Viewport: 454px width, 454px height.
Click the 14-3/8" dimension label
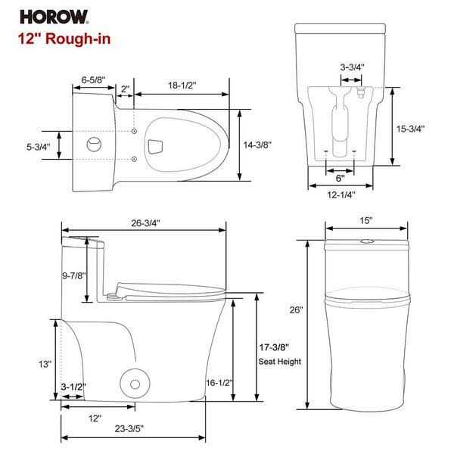pos(258,145)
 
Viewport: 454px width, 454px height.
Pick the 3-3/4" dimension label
pos(352,67)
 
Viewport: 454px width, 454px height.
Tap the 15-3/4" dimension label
pos(410,128)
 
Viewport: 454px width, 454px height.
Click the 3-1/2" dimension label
pos(73,387)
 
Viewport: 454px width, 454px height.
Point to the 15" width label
pos(366,220)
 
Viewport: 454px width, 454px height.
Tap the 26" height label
pos(296,309)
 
